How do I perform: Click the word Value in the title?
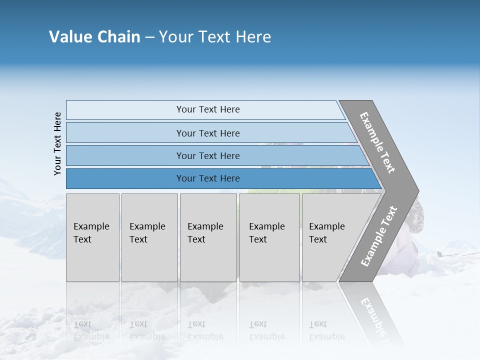click(69, 37)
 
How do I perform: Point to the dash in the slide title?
click(149, 37)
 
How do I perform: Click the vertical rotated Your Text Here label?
click(57, 143)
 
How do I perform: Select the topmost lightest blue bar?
click(207, 109)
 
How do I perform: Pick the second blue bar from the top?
click(207, 133)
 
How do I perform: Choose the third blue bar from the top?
click(207, 155)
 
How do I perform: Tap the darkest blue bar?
click(207, 178)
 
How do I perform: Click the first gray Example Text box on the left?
click(92, 237)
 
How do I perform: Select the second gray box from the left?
click(149, 237)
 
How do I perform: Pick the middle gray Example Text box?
click(208, 237)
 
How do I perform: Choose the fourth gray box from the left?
click(269, 237)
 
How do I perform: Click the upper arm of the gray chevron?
click(378, 142)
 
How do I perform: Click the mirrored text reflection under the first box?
click(91, 330)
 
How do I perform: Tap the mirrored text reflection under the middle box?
click(205, 330)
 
